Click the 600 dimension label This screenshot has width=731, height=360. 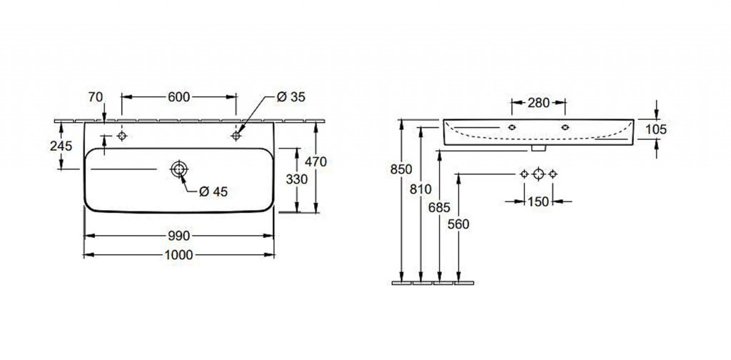click(179, 97)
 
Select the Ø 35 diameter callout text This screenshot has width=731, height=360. click(291, 97)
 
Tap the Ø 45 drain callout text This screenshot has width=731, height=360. click(213, 191)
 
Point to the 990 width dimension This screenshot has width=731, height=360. click(179, 236)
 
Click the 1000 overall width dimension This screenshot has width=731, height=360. click(179, 255)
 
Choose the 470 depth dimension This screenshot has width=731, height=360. click(316, 162)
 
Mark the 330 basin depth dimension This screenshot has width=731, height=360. click(296, 179)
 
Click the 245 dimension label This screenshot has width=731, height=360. click(61, 146)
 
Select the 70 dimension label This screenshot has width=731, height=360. click(96, 97)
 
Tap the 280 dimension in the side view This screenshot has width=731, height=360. click(538, 103)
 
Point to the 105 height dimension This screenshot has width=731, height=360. click(656, 129)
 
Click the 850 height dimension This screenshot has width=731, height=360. click(401, 169)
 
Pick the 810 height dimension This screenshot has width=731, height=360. click(420, 189)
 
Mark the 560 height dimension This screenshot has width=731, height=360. click(458, 224)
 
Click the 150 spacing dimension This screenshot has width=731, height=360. click(538, 201)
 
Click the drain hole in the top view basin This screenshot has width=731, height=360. click(178, 169)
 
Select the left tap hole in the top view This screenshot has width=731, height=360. click(122, 136)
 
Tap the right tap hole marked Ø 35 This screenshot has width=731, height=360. click(236, 136)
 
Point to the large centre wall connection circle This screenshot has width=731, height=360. click(538, 174)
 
